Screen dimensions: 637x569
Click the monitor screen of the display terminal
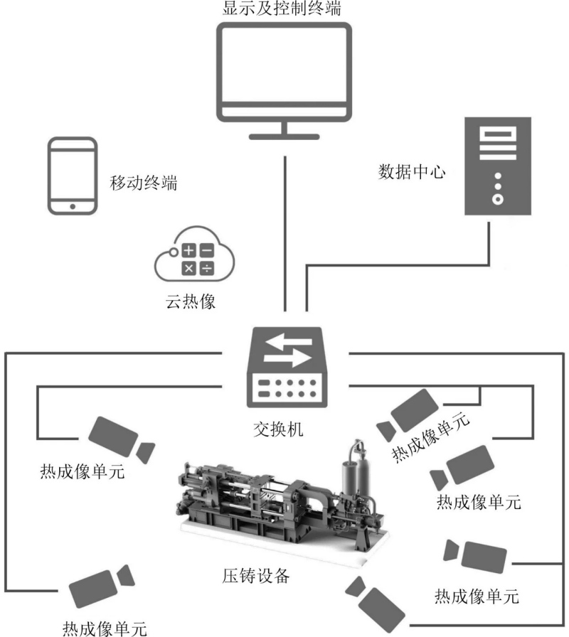[284, 69]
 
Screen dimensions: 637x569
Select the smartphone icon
[72, 175]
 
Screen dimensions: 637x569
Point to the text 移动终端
[143, 184]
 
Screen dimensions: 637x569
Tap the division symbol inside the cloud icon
[206, 268]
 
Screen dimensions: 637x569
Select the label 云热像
[190, 301]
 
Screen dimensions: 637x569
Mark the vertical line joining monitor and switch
[284, 235]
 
